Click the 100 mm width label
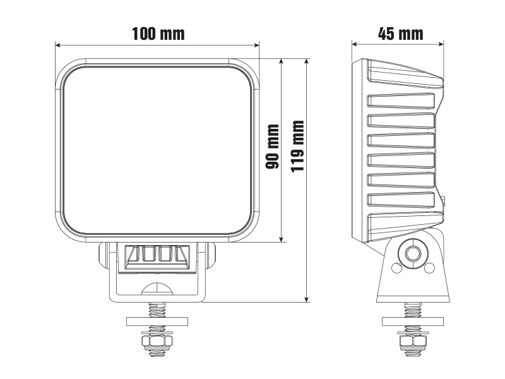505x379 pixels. pos(158,33)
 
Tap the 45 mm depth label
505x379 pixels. pos(400,33)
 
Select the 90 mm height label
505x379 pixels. pos(273,147)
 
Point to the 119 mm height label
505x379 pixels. pos(297,147)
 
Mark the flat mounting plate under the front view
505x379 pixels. pos(158,320)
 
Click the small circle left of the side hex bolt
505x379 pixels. pos(395,268)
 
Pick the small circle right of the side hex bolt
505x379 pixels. pos(429,268)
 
